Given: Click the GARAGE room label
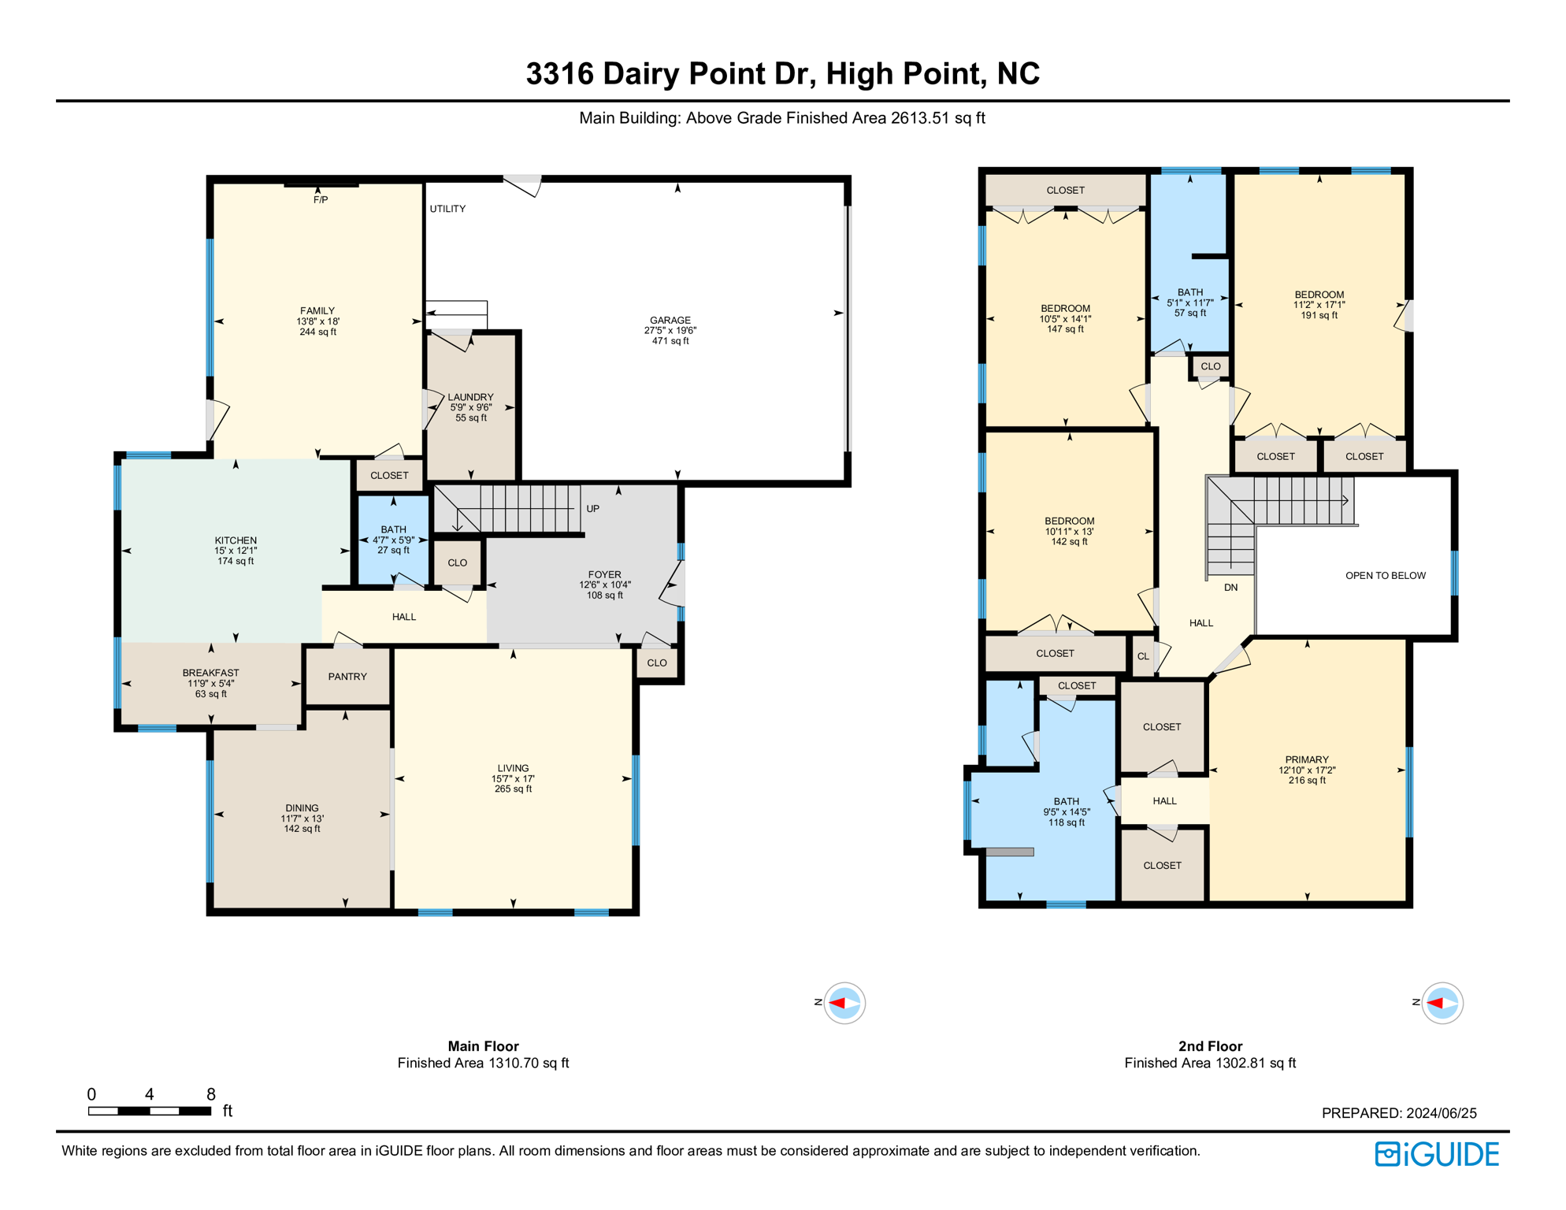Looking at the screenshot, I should pos(670,320).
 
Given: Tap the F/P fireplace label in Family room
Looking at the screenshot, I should pos(321,200).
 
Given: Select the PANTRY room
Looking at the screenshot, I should pos(347,677).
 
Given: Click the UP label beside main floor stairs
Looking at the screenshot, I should pos(592,509).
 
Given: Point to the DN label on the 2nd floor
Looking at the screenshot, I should pos(1230,588).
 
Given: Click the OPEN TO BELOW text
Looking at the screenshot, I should pos(1385,576).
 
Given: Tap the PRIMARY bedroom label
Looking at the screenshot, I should pos(1307,759).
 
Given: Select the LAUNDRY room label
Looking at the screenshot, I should pos(470,397).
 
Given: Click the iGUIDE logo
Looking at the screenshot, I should pos(1437,1154).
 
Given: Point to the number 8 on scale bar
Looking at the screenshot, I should pos(210,1094).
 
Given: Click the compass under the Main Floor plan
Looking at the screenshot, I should pos(844,1003).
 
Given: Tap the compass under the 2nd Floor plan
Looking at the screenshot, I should pos(1442,1003).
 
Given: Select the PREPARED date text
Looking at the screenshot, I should pos(1398,1113).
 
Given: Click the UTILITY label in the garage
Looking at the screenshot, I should pos(447,209).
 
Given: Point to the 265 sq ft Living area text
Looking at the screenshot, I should pos(513,789).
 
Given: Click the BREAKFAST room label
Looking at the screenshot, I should pos(210,673).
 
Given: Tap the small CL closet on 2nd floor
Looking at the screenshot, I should pos(1142,656).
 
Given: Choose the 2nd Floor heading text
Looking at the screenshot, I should pos(1210,1046).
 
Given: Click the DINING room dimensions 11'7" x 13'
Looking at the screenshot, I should pos(302,818).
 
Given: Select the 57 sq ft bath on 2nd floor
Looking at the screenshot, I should pos(1189,313).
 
